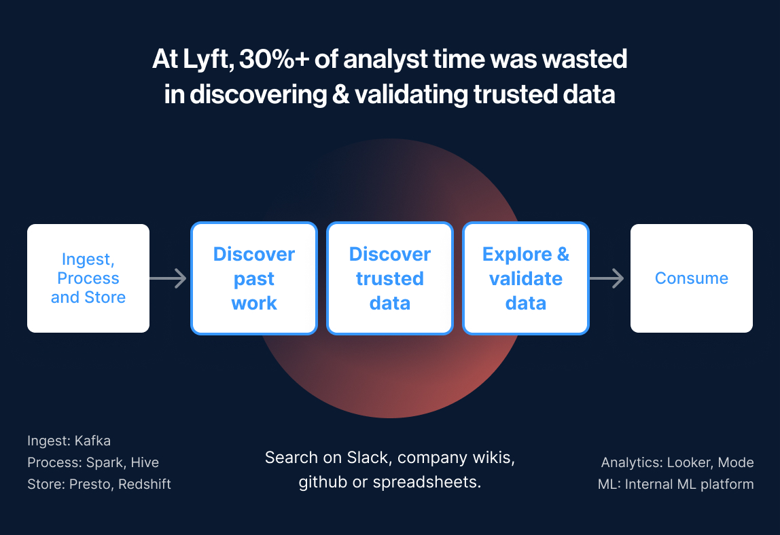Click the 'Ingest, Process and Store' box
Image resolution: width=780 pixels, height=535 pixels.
click(x=88, y=278)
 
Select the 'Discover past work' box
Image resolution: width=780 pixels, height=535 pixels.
click(x=253, y=278)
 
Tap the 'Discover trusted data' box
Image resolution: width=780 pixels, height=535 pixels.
click(x=389, y=278)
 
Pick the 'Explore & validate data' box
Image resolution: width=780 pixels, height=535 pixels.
click(x=526, y=278)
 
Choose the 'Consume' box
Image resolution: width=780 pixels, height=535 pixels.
click(x=692, y=278)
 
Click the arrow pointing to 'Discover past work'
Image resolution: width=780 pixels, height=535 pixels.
click(x=168, y=278)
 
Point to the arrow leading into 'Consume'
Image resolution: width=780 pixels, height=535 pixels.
click(x=607, y=278)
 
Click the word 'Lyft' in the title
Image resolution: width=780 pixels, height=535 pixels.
click(x=207, y=60)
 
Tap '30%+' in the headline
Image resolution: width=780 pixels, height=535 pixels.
click(x=274, y=58)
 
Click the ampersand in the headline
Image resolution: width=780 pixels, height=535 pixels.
click(x=341, y=94)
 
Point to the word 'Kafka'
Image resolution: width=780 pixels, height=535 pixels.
click(x=92, y=441)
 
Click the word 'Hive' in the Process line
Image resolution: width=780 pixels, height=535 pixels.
click(x=145, y=462)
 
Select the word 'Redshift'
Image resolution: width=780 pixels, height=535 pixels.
click(x=145, y=484)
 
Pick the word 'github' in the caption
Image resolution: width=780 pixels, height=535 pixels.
click(x=323, y=482)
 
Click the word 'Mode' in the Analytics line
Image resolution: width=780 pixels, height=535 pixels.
click(x=736, y=462)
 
